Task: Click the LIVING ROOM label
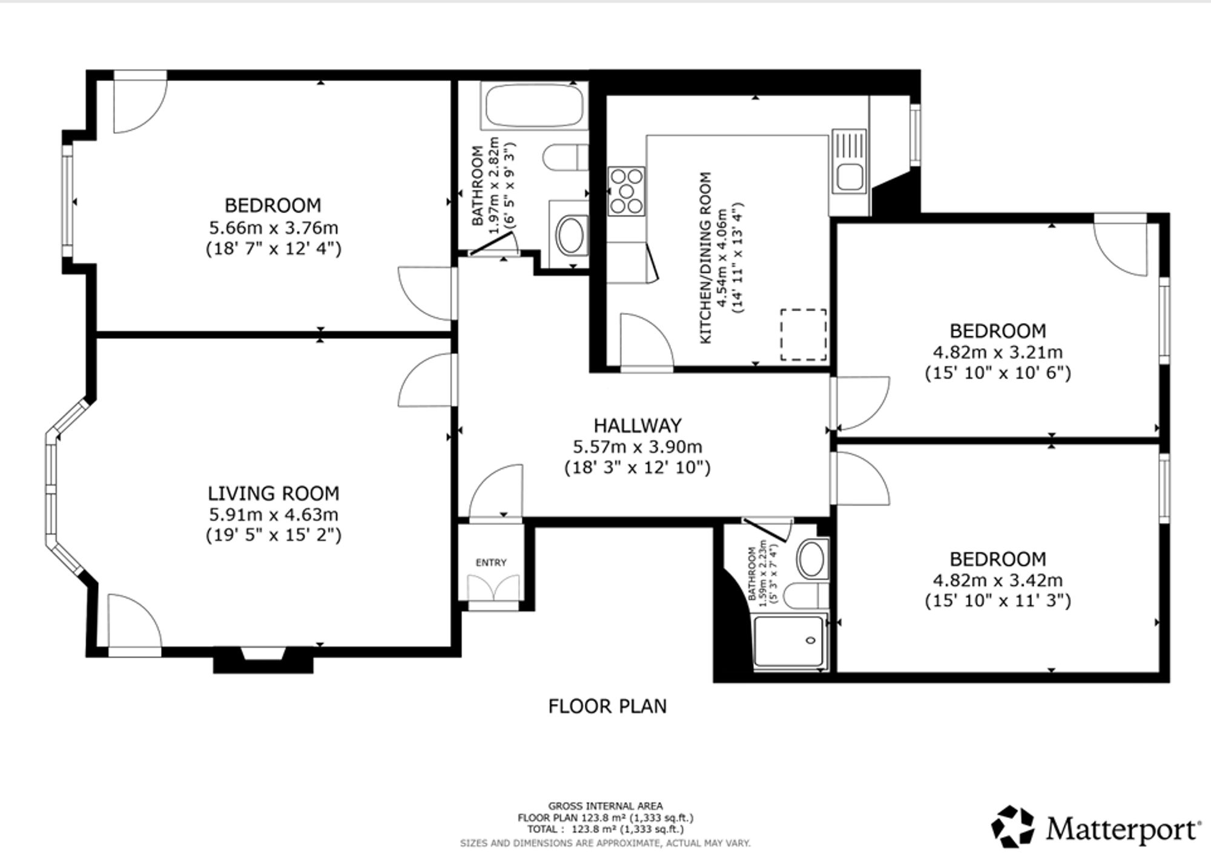[x=273, y=493]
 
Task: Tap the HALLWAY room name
[x=638, y=426]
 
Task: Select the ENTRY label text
[x=491, y=562]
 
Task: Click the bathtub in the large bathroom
[x=533, y=106]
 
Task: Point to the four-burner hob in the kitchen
[x=626, y=191]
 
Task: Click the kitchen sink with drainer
[x=850, y=162]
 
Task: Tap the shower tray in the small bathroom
[x=789, y=641]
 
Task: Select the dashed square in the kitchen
[x=803, y=335]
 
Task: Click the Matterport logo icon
[x=1014, y=827]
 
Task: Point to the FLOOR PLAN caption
[x=607, y=706]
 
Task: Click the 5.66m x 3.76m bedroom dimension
[x=273, y=228]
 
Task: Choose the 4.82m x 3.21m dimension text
[x=997, y=352]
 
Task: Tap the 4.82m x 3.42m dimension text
[x=997, y=580]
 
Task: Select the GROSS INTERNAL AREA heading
[x=605, y=806]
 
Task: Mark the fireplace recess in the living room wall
[x=263, y=660]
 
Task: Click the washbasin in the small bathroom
[x=811, y=559]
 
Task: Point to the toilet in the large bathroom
[x=566, y=157]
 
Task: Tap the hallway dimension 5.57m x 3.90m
[x=638, y=447]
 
